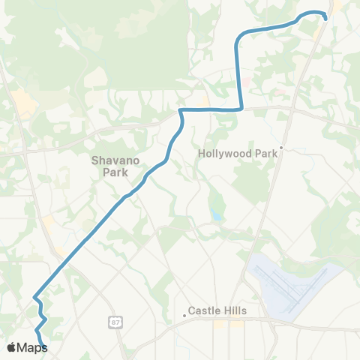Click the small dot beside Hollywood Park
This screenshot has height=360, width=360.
282,148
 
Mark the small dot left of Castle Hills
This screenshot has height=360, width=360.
184,315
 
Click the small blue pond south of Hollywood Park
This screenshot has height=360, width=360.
217,216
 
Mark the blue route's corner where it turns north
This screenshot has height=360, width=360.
239,109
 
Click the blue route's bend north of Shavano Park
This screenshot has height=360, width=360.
181,112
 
